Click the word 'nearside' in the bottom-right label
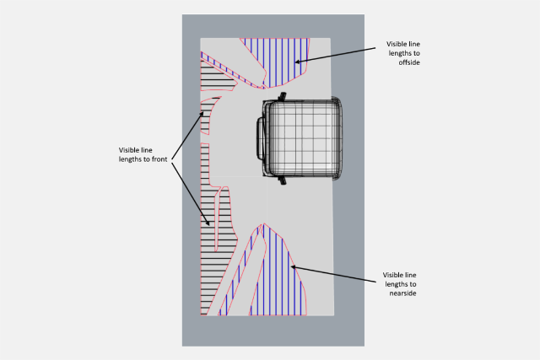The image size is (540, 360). pos(400,293)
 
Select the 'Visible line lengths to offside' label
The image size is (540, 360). pos(403,53)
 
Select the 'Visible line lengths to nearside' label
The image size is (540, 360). pos(400,284)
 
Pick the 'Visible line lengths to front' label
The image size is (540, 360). pos(145,154)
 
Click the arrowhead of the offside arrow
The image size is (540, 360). pos(297,61)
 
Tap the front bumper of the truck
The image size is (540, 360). pos(261,139)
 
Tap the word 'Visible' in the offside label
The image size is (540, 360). pos(398,43)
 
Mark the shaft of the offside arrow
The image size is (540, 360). pos(337,54)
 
